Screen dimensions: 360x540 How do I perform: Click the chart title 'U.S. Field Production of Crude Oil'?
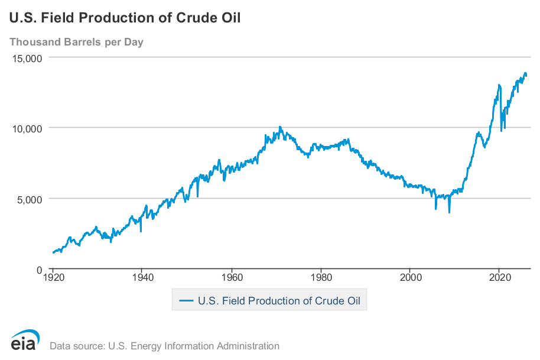[x=125, y=18]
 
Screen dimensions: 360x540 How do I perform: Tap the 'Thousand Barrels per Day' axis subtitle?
[x=76, y=42]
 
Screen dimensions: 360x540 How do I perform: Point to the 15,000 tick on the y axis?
[x=25, y=58]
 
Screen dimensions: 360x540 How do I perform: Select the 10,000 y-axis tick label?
[x=25, y=128]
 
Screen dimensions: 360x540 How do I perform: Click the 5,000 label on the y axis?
[x=28, y=199]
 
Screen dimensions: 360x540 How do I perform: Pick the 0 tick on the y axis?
[x=38, y=269]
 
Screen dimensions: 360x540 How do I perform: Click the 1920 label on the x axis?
[x=53, y=276]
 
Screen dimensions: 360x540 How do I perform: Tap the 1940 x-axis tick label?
[x=142, y=276]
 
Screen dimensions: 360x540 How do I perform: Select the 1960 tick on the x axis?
[x=232, y=276]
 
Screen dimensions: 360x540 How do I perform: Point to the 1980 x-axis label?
[x=321, y=276]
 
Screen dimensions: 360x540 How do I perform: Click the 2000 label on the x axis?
[x=410, y=276]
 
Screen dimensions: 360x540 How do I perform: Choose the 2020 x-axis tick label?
[x=500, y=276]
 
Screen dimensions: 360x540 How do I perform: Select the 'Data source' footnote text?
[x=164, y=346]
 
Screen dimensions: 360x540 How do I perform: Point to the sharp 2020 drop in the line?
[x=502, y=130]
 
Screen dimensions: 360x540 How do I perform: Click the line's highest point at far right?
[x=525, y=73]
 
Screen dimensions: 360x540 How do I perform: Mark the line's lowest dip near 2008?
[x=449, y=212]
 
